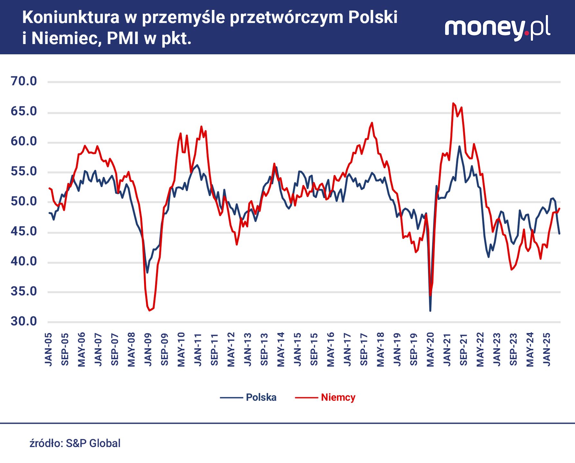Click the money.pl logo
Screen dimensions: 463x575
(x=497, y=28)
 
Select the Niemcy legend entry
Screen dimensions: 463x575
(x=338, y=397)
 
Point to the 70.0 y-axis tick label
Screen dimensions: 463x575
(x=24, y=81)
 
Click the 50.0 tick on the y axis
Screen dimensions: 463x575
(x=24, y=202)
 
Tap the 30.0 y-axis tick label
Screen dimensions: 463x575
(x=24, y=321)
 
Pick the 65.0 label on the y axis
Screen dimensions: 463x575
(x=24, y=112)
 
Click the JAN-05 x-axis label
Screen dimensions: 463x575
(x=48, y=350)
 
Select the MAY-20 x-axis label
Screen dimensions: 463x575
(x=430, y=350)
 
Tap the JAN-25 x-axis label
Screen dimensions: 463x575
(x=546, y=350)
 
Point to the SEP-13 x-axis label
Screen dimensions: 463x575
(x=264, y=350)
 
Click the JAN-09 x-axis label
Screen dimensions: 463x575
(x=148, y=350)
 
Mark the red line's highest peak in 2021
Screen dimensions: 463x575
(x=453, y=103)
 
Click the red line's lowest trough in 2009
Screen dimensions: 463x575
(x=150, y=310)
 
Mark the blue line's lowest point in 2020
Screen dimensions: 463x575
(x=430, y=311)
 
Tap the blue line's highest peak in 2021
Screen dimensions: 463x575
(x=459, y=146)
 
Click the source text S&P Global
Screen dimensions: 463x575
(x=93, y=443)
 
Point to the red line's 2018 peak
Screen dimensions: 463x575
(x=372, y=123)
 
